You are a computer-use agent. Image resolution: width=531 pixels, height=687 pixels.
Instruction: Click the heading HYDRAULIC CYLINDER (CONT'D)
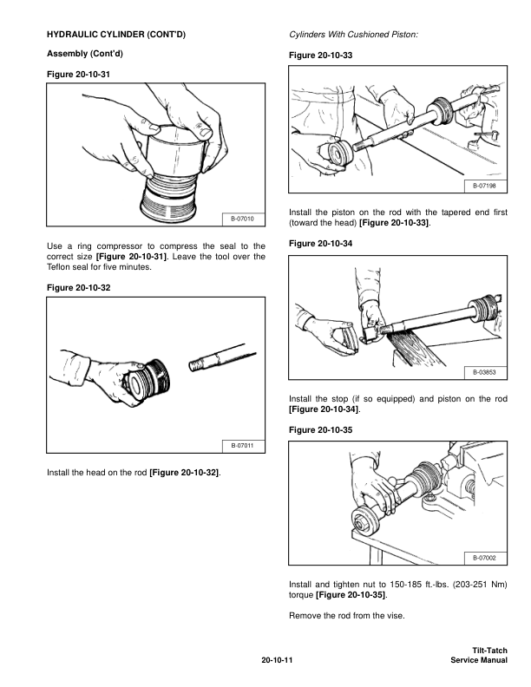click(x=116, y=34)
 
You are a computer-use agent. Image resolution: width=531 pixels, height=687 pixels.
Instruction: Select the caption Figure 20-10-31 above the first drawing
click(x=78, y=75)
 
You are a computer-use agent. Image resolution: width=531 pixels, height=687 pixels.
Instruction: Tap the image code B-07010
click(x=242, y=219)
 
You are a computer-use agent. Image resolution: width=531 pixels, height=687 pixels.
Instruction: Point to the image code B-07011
click(x=242, y=446)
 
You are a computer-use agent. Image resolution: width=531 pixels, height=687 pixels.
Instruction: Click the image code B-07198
click(x=484, y=186)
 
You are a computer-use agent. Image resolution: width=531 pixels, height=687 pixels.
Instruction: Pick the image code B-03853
click(x=484, y=372)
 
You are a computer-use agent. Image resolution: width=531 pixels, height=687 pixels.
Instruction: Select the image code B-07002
click(x=484, y=558)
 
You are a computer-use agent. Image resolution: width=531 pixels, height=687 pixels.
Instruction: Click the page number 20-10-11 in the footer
click(x=277, y=660)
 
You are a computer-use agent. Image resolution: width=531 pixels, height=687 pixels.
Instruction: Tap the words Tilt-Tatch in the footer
click(x=489, y=651)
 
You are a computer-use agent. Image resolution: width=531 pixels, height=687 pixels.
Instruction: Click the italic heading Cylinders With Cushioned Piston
click(x=353, y=34)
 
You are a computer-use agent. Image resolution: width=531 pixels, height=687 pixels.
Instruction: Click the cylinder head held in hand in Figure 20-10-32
click(x=147, y=380)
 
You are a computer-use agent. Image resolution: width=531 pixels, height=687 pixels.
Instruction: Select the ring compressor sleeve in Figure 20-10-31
click(x=174, y=150)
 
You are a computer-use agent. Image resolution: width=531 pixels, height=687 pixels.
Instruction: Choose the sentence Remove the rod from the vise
click(x=347, y=616)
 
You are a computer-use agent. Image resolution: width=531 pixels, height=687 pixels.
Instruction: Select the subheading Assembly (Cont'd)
click(x=85, y=54)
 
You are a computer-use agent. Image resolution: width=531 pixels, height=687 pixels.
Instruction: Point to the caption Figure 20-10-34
click(x=321, y=244)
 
